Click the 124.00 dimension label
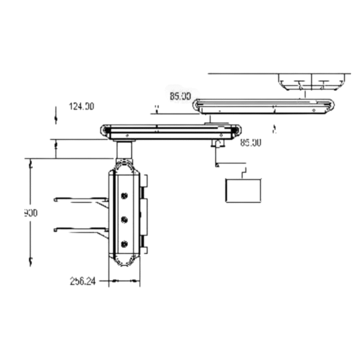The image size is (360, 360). coord(82,106)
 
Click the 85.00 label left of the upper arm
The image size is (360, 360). coord(180,95)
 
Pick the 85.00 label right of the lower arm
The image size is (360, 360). coord(250,143)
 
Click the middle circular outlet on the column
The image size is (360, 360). coord(125,219)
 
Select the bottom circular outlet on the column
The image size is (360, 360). coord(125,244)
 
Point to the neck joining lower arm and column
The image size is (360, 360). coord(124,151)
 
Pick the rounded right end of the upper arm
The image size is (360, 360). coord(328,106)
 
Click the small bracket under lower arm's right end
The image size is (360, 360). coord(218,144)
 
